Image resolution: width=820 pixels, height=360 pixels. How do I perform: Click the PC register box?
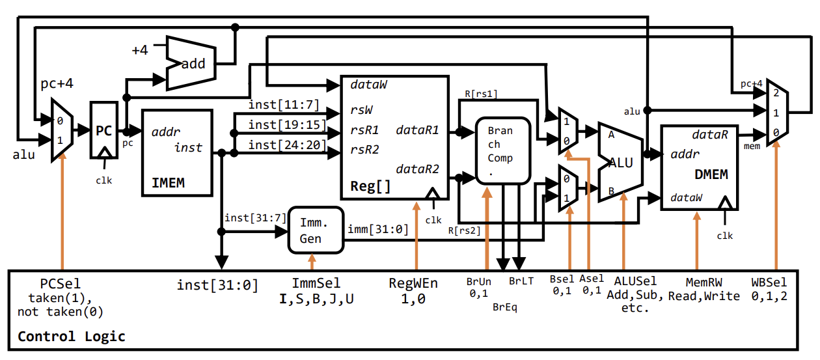pos(102,130)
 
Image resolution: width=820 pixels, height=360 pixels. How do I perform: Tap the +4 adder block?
pos(190,63)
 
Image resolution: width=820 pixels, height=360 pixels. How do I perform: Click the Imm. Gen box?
pos(315,230)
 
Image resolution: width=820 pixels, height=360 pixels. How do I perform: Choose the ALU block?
pos(620,162)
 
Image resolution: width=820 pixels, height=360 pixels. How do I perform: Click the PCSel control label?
pos(61,284)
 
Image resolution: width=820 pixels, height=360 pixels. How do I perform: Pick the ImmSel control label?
pos(316,284)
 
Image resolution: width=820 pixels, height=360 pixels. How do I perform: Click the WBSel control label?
pos(769,283)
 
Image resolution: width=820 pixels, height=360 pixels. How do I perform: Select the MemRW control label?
pos(703,282)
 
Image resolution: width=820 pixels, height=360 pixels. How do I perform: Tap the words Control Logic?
pos(71,337)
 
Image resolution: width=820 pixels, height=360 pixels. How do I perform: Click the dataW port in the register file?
pos(370,85)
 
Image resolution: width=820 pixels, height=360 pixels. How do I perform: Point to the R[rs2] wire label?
pos(464,230)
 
